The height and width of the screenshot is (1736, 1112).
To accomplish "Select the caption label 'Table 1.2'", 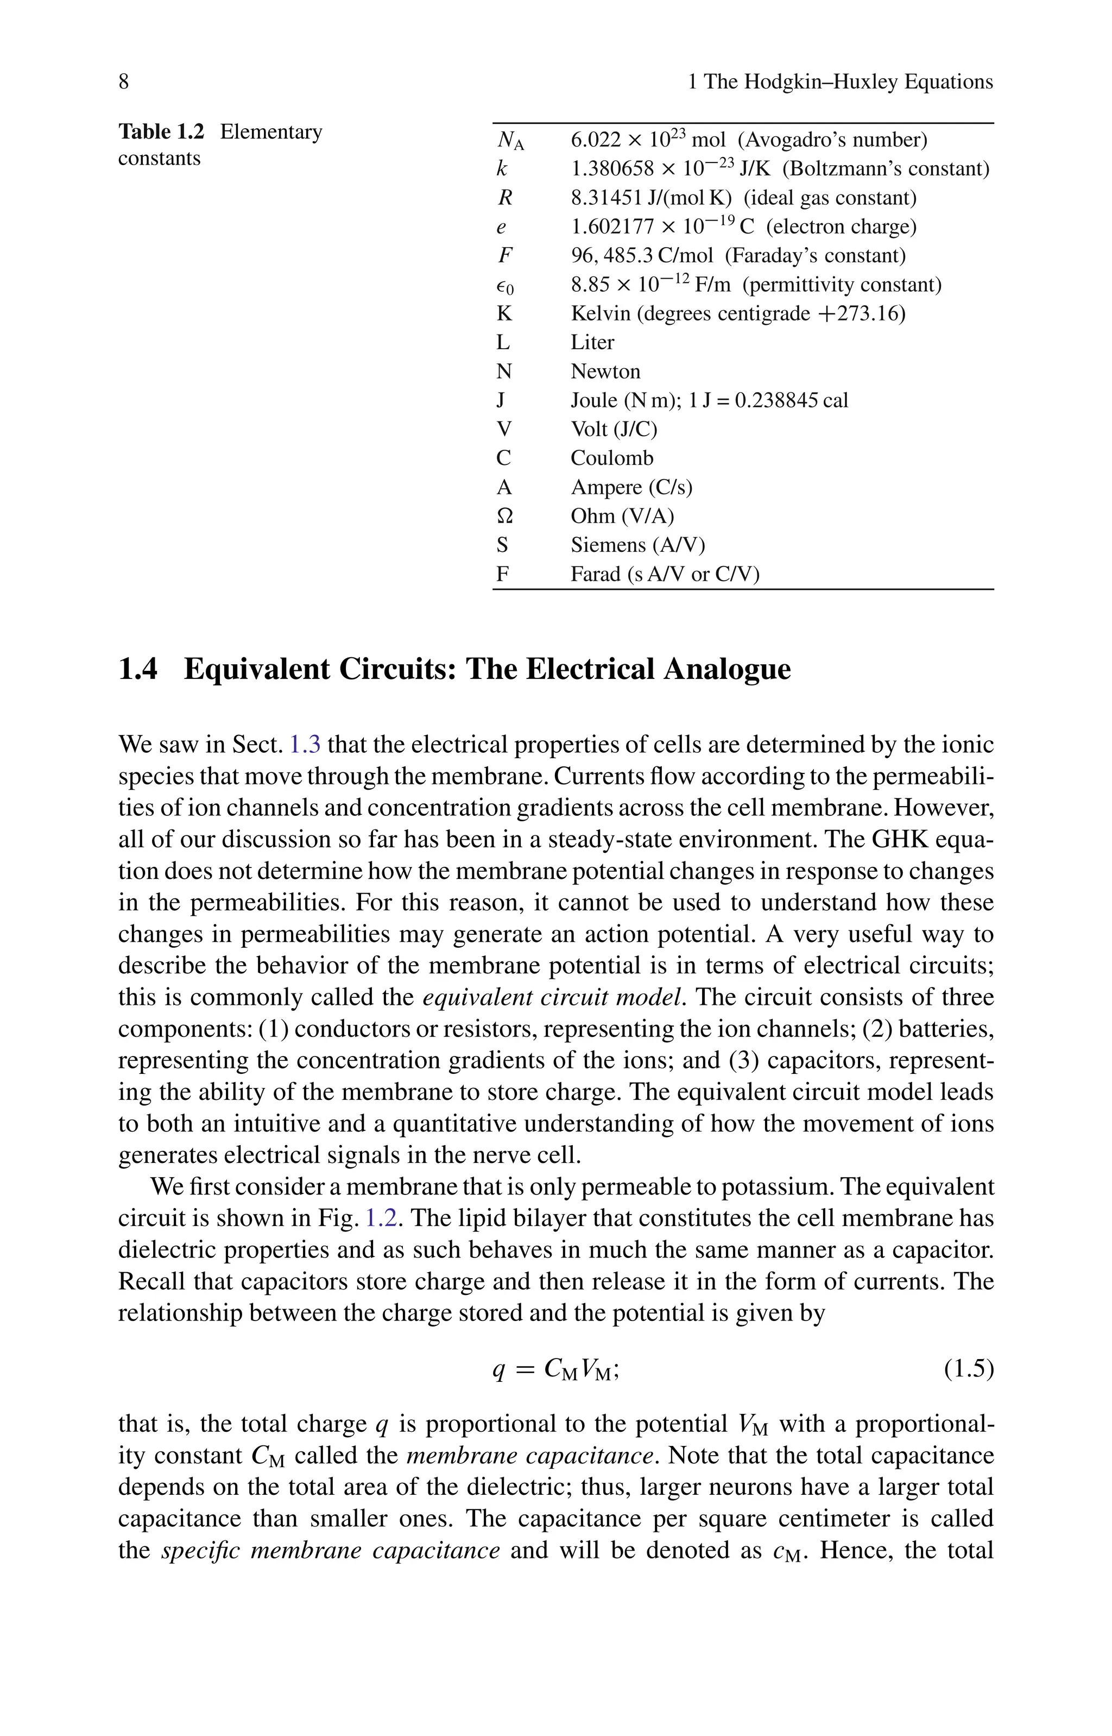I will (161, 132).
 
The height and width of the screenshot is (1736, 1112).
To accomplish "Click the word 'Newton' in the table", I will (605, 371).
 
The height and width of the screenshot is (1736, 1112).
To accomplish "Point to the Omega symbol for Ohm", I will (506, 517).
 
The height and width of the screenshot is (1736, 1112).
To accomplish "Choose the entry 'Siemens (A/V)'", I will (637, 545).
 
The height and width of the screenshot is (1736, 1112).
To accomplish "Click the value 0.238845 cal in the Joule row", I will (791, 401).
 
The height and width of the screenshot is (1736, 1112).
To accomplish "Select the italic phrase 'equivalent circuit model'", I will (554, 997).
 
